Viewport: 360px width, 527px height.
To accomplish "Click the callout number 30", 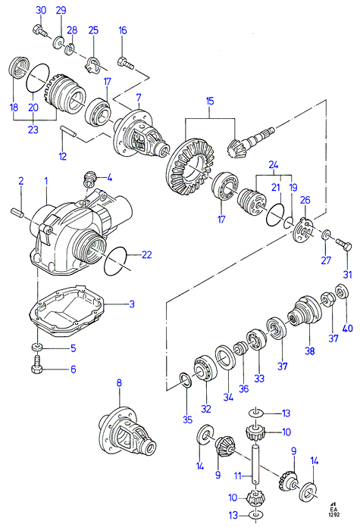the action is coord(41,10).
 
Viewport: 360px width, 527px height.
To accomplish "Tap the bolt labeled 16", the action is coord(126,63).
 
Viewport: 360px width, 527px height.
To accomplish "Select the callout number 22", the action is coord(147,254).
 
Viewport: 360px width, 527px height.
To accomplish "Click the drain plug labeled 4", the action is coord(90,178).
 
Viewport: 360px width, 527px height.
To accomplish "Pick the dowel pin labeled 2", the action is coord(17,213).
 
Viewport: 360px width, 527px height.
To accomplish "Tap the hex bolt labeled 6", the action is coord(36,366).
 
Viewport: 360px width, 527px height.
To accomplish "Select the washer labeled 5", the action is coord(36,348).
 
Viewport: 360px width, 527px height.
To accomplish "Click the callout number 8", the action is coord(119,383).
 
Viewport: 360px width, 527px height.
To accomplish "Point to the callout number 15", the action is coord(210,101).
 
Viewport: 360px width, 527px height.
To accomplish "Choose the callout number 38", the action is coord(309,351).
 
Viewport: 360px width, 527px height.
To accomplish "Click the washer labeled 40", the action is coord(342,291).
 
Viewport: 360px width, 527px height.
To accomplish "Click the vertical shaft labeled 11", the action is coord(255,465).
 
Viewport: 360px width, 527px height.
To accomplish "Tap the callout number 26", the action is coord(305,200).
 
